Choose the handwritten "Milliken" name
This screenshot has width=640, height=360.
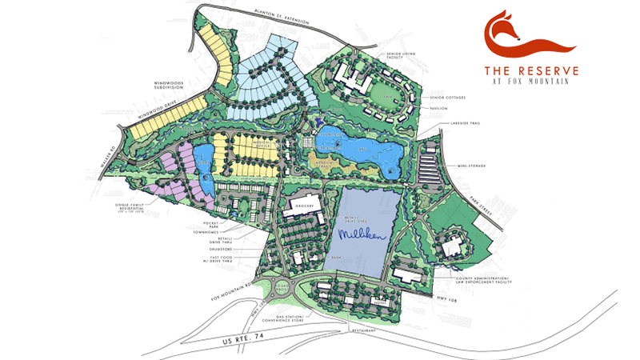[362, 234]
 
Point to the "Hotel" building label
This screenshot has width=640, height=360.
[382, 302]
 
